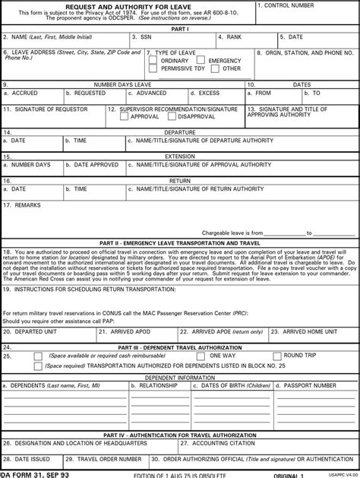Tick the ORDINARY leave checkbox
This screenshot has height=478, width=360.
[156, 61]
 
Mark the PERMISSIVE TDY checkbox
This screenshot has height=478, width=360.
[156, 69]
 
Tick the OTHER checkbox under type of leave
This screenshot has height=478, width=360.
[215, 69]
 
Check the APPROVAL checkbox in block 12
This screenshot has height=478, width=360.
[125, 117]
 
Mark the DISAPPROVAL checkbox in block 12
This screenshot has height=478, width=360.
[172, 117]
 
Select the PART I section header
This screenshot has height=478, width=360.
[179, 28]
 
